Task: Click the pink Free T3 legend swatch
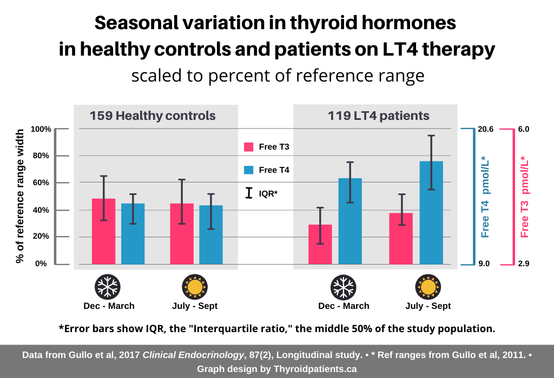coord(249,147)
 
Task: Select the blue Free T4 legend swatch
coord(249,170)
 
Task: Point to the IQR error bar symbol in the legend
coord(249,193)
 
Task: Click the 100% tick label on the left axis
coord(41,129)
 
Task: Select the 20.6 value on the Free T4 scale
coord(485,129)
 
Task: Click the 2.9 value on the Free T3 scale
coord(524,264)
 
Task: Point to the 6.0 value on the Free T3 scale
coord(524,129)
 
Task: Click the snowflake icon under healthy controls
coord(108,287)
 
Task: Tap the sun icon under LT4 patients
coord(427,287)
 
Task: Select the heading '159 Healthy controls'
coord(153,116)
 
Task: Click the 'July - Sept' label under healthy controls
coord(191,306)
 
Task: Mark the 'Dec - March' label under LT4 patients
coord(344,306)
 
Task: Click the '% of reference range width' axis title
coord(20,195)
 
